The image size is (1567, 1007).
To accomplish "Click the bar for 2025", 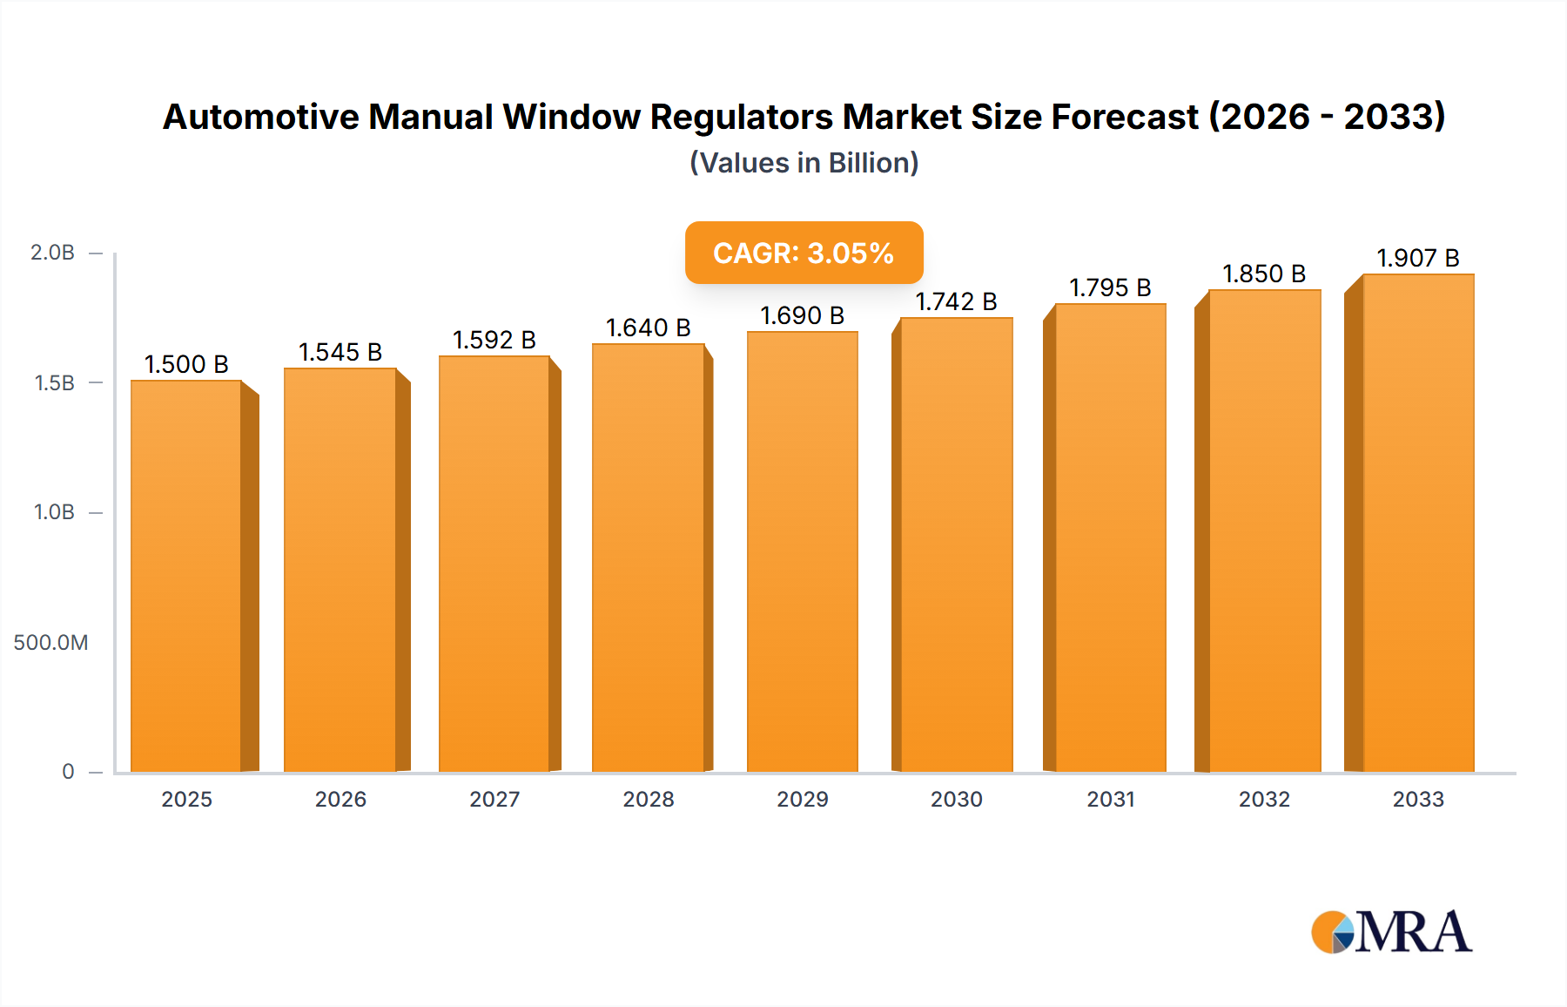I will tap(186, 575).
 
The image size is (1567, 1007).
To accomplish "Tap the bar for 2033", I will tap(1417, 523).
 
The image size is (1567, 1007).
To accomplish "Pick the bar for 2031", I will tap(1110, 537).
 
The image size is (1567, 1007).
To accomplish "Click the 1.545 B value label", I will tap(340, 352).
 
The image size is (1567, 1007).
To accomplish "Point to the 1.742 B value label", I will tap(956, 301).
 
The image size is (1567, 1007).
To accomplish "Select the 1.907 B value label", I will tap(1417, 258).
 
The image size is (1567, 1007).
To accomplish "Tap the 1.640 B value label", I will tap(648, 328).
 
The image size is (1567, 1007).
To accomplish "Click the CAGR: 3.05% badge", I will tap(804, 253).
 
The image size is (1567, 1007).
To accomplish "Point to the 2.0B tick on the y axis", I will tap(53, 253).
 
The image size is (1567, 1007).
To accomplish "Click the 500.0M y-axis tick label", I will tap(50, 643).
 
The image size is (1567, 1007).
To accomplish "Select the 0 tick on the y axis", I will tap(68, 772).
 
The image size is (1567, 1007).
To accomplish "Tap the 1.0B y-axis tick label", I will tap(54, 512).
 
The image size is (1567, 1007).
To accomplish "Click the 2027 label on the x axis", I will tap(494, 799).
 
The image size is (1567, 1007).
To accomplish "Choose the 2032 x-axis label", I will tap(1264, 799).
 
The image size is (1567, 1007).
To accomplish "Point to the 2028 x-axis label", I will tap(648, 799).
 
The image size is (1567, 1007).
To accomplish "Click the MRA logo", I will tap(1391, 932).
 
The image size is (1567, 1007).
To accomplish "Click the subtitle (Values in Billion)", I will tap(804, 163).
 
